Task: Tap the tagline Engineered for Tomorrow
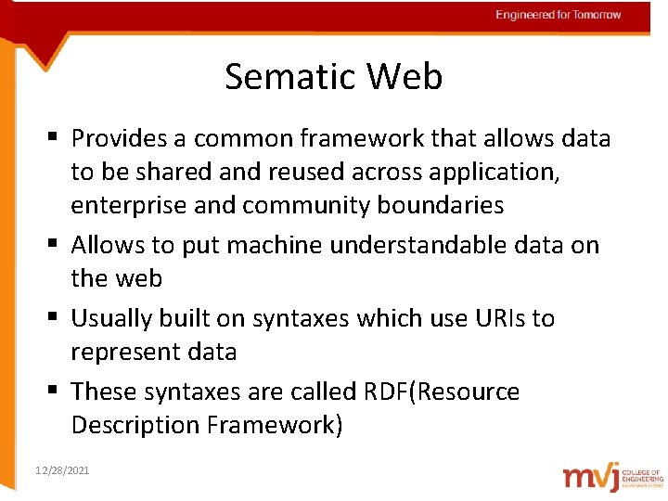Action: point(558,15)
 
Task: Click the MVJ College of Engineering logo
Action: point(612,475)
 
